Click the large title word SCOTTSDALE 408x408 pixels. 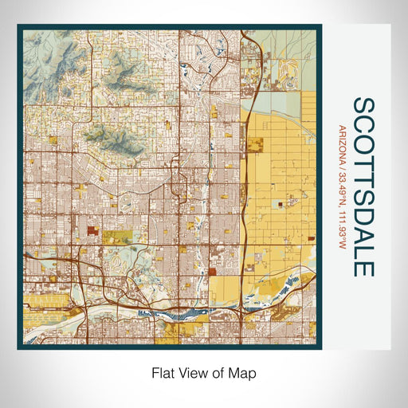pyautogui.click(x=363, y=187)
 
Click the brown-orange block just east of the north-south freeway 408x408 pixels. pyautogui.click(x=257, y=146)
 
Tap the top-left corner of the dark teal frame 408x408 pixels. pyautogui.click(x=19, y=26)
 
